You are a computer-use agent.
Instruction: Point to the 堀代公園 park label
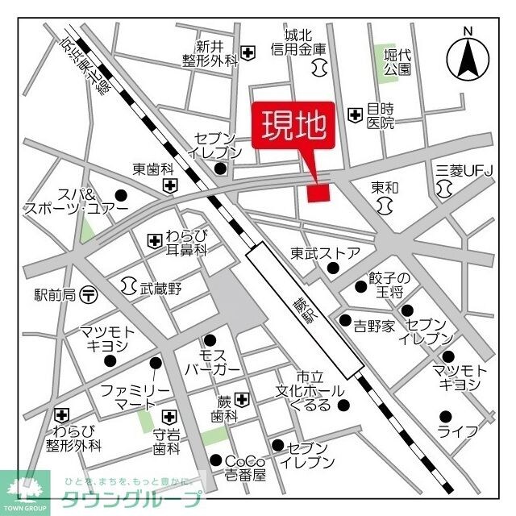[397, 62]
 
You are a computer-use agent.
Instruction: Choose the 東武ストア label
[326, 253]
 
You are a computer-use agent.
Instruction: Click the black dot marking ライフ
[445, 416]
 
